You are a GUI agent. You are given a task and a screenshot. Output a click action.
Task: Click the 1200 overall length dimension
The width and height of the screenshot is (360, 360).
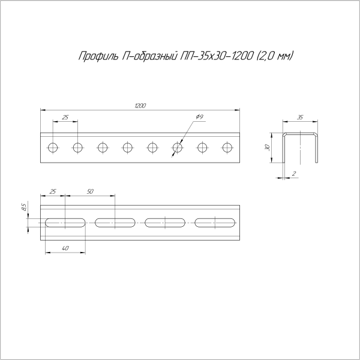(x=140, y=106)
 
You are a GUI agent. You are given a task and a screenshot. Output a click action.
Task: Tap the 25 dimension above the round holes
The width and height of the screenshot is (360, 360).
(x=65, y=116)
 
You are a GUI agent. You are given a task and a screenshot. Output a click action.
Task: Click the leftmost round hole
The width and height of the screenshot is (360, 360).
(x=53, y=147)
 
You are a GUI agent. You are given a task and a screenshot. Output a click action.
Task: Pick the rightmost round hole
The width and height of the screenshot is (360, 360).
(x=227, y=147)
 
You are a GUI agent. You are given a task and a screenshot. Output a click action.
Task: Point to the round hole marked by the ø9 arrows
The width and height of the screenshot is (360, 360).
(x=178, y=147)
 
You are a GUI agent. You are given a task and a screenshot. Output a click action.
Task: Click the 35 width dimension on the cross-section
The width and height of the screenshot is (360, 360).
(x=299, y=118)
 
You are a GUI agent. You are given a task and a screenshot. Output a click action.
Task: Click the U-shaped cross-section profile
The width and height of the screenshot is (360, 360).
(x=299, y=147)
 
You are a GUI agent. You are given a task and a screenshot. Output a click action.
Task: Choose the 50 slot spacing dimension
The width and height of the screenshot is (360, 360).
(x=90, y=191)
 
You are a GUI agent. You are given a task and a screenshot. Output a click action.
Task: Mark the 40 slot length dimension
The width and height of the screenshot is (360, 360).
(x=65, y=248)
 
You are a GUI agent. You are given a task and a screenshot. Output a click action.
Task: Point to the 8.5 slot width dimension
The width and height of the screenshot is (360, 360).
(x=23, y=208)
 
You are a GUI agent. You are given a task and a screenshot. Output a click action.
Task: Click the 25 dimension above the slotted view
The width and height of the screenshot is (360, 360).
(x=53, y=191)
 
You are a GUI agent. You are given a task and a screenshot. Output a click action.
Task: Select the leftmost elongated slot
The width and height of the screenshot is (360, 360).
(x=65, y=223)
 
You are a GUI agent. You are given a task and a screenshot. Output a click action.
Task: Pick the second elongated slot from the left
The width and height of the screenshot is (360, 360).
(x=115, y=223)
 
